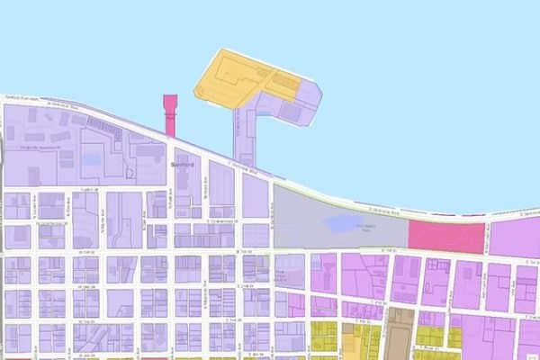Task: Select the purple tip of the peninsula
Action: coord(310,90)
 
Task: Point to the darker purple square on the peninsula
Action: coord(290,112)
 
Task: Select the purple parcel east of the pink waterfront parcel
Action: coord(516,236)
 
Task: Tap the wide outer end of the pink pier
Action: coord(168,100)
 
